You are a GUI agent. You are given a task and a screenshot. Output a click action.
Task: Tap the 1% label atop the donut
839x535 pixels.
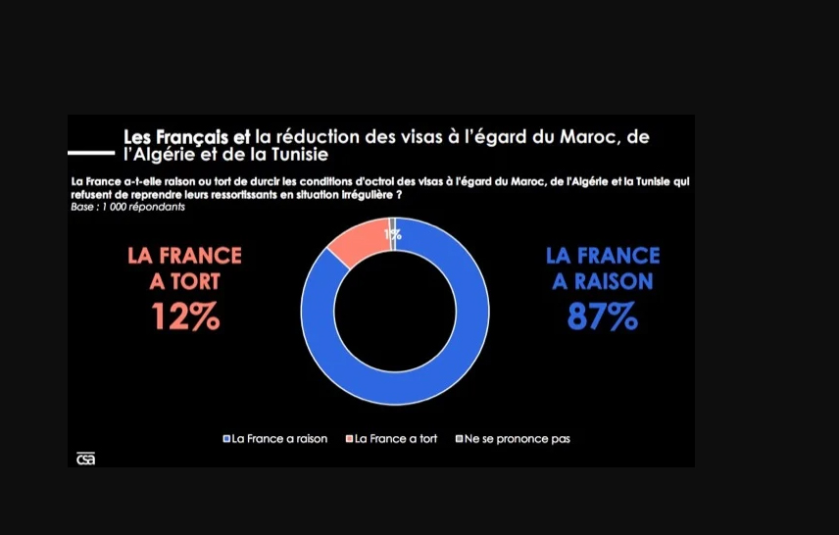pyautogui.click(x=393, y=234)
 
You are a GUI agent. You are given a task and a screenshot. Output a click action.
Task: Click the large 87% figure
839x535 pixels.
pyautogui.click(x=603, y=316)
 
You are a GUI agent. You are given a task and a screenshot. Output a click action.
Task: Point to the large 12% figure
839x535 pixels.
pyautogui.click(x=185, y=316)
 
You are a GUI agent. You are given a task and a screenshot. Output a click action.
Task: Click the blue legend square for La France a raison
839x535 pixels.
pyautogui.click(x=226, y=439)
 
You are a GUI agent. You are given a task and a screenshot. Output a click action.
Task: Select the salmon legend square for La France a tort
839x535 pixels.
pyautogui.click(x=349, y=439)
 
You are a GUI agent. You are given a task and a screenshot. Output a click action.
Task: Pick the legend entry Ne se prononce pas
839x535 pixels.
pyautogui.click(x=517, y=439)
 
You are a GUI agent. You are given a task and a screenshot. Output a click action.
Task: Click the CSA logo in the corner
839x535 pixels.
pyautogui.click(x=86, y=458)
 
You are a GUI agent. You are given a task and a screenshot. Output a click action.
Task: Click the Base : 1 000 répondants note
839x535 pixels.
pyautogui.click(x=128, y=207)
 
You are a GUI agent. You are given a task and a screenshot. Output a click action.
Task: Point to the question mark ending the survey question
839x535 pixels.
pyautogui.click(x=402, y=195)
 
